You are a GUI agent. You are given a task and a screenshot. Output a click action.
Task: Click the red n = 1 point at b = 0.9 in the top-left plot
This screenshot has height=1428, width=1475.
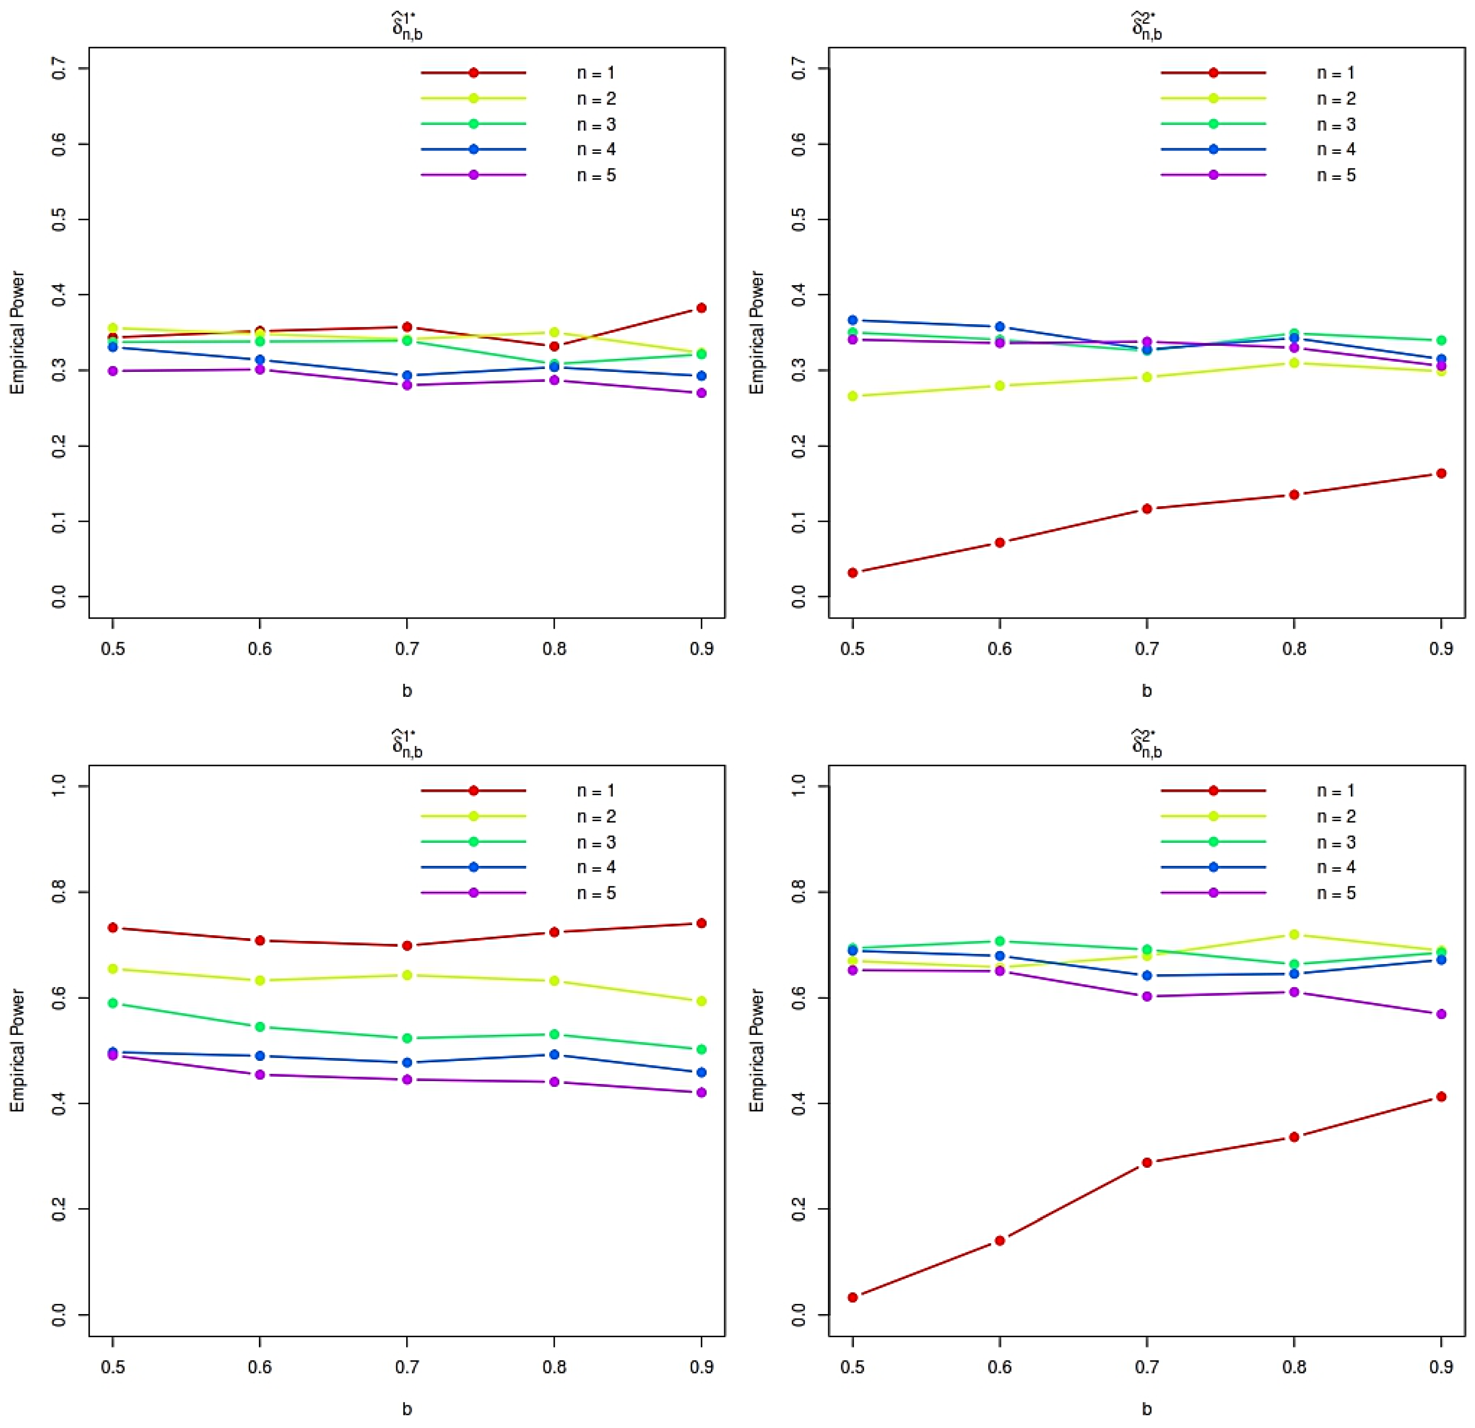pyautogui.click(x=701, y=308)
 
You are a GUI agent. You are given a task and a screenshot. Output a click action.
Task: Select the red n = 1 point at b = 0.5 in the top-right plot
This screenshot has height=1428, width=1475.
pyautogui.click(x=853, y=573)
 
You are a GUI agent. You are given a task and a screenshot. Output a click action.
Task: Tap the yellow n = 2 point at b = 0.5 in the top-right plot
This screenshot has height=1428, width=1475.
pyautogui.click(x=853, y=396)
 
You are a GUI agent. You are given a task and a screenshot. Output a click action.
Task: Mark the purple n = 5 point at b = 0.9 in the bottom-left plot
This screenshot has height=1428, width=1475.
pyautogui.click(x=701, y=1092)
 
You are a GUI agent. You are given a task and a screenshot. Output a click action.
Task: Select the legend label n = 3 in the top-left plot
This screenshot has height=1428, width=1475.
pyautogui.click(x=596, y=124)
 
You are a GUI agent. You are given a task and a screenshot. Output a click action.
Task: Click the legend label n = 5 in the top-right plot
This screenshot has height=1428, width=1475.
pyautogui.click(x=1336, y=175)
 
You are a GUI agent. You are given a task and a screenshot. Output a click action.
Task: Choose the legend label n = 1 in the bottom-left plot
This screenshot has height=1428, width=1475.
pyautogui.click(x=596, y=791)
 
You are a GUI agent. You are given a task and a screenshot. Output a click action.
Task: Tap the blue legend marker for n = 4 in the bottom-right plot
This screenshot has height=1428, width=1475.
pyautogui.click(x=1214, y=867)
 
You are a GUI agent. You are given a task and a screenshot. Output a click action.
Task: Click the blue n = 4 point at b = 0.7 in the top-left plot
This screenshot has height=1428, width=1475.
pyautogui.click(x=407, y=376)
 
